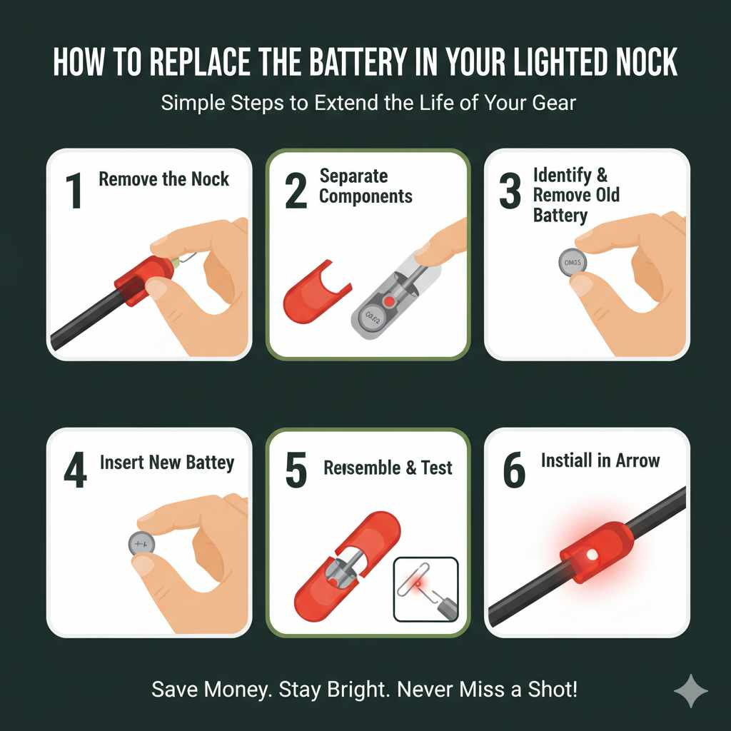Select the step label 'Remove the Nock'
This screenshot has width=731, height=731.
pyautogui.click(x=163, y=178)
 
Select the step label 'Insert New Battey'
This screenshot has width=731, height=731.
pyautogui.click(x=167, y=463)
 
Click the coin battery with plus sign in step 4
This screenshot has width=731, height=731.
pyautogui.click(x=141, y=544)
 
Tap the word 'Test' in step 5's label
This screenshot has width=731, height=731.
pyautogui.click(x=436, y=468)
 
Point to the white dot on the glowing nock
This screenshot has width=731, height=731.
pyautogui.click(x=590, y=554)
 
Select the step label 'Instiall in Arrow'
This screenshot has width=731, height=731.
pyautogui.click(x=600, y=460)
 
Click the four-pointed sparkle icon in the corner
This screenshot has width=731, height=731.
pyautogui.click(x=690, y=690)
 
